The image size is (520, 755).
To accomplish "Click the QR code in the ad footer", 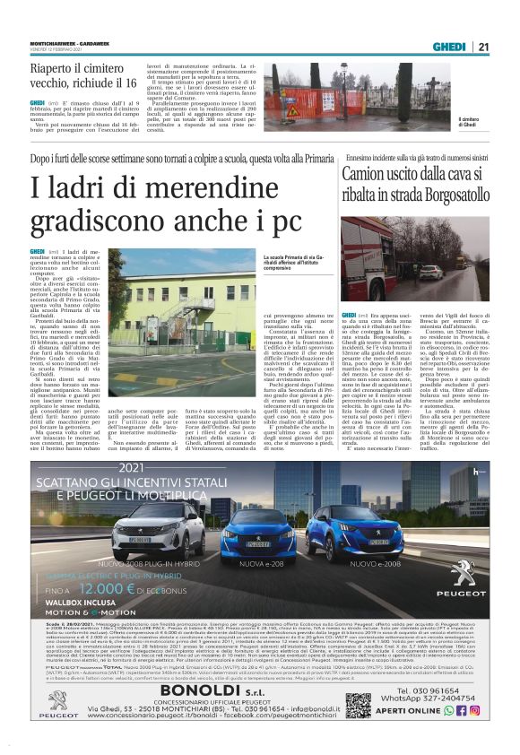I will [358, 706].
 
